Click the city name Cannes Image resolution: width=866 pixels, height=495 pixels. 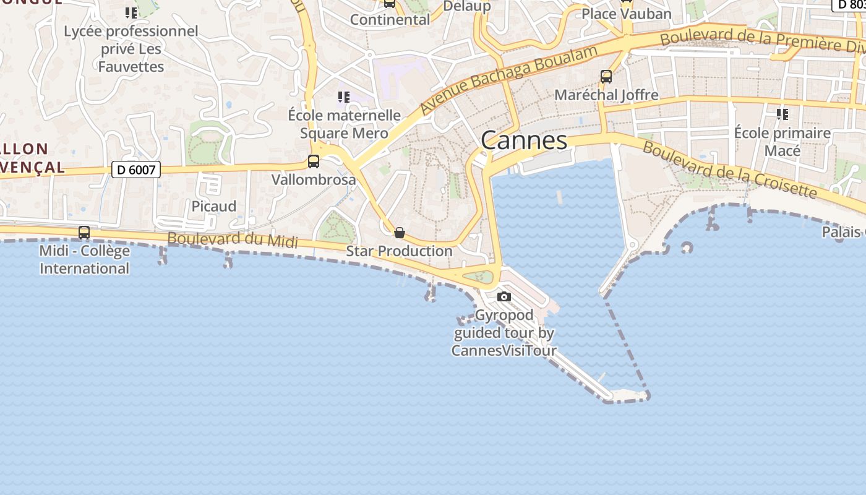coord(524,140)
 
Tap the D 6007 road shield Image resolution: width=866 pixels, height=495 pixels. coord(135,169)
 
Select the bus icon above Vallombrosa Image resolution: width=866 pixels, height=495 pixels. coord(314,161)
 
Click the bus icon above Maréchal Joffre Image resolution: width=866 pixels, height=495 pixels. coord(606,77)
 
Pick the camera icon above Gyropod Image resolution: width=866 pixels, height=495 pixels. coord(504,296)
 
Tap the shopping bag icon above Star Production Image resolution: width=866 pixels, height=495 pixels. coord(400,233)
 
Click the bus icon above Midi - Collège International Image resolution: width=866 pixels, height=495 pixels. coord(84,233)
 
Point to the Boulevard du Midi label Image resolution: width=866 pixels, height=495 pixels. coord(233,241)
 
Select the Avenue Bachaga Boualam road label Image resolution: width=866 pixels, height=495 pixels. coord(508,78)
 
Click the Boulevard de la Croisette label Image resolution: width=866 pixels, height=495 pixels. coord(729,170)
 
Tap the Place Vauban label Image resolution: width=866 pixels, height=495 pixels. coord(626,14)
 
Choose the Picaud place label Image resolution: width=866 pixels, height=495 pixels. coord(214,206)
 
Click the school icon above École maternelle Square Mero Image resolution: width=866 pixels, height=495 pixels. coord(344,97)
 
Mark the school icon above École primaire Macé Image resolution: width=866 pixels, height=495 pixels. coord(782,114)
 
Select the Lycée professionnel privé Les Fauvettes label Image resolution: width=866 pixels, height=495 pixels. coord(131,49)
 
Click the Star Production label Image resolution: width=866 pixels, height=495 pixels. coord(399,251)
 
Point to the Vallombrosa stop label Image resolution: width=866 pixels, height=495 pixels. coord(314,180)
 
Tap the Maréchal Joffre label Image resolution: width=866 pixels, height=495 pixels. coord(606,95)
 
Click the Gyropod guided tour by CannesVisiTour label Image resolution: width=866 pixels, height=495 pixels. coord(504,333)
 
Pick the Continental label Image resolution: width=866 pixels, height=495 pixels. coord(390,20)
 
